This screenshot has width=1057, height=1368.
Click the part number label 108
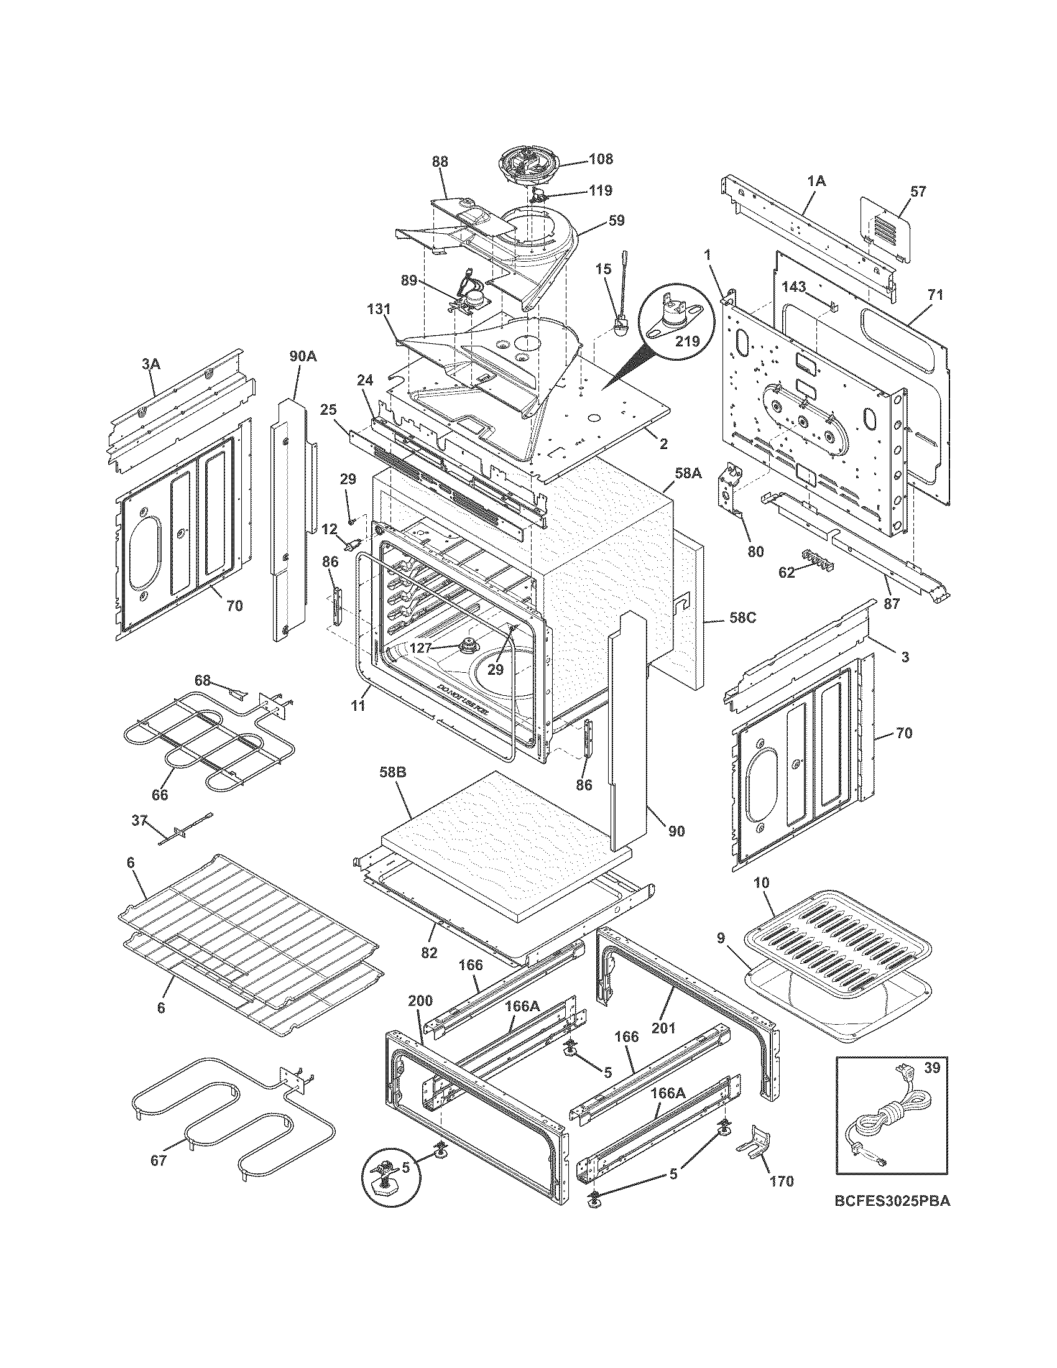[601, 159]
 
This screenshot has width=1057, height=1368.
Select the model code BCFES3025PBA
[892, 1218]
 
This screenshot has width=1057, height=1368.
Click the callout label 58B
[393, 773]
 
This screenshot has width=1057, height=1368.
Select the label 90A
[302, 356]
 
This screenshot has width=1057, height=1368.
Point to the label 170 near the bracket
[781, 1181]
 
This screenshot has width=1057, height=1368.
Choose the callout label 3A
[150, 362]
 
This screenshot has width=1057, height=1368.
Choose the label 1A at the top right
[816, 181]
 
